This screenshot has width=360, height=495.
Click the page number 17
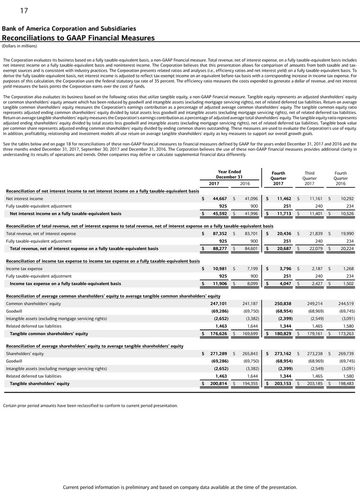tap(23, 10)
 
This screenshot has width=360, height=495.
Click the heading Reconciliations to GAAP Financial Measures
tap(79, 38)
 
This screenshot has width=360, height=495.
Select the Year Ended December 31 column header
tap(229, 174)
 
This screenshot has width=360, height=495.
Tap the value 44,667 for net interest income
tap(220, 199)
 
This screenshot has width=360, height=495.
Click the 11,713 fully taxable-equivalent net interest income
tap(281, 214)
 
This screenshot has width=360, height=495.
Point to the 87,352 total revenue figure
tap(220, 234)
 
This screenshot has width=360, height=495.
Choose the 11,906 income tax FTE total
tap(220, 283)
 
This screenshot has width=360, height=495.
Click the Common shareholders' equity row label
tap(34, 304)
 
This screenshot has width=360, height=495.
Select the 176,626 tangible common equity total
tap(219, 334)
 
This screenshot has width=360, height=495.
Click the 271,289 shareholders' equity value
tap(219, 354)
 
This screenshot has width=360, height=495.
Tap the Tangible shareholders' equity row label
tap(40, 383)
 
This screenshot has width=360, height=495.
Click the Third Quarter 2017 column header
tap(310, 178)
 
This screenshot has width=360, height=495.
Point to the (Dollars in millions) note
tap(20, 46)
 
